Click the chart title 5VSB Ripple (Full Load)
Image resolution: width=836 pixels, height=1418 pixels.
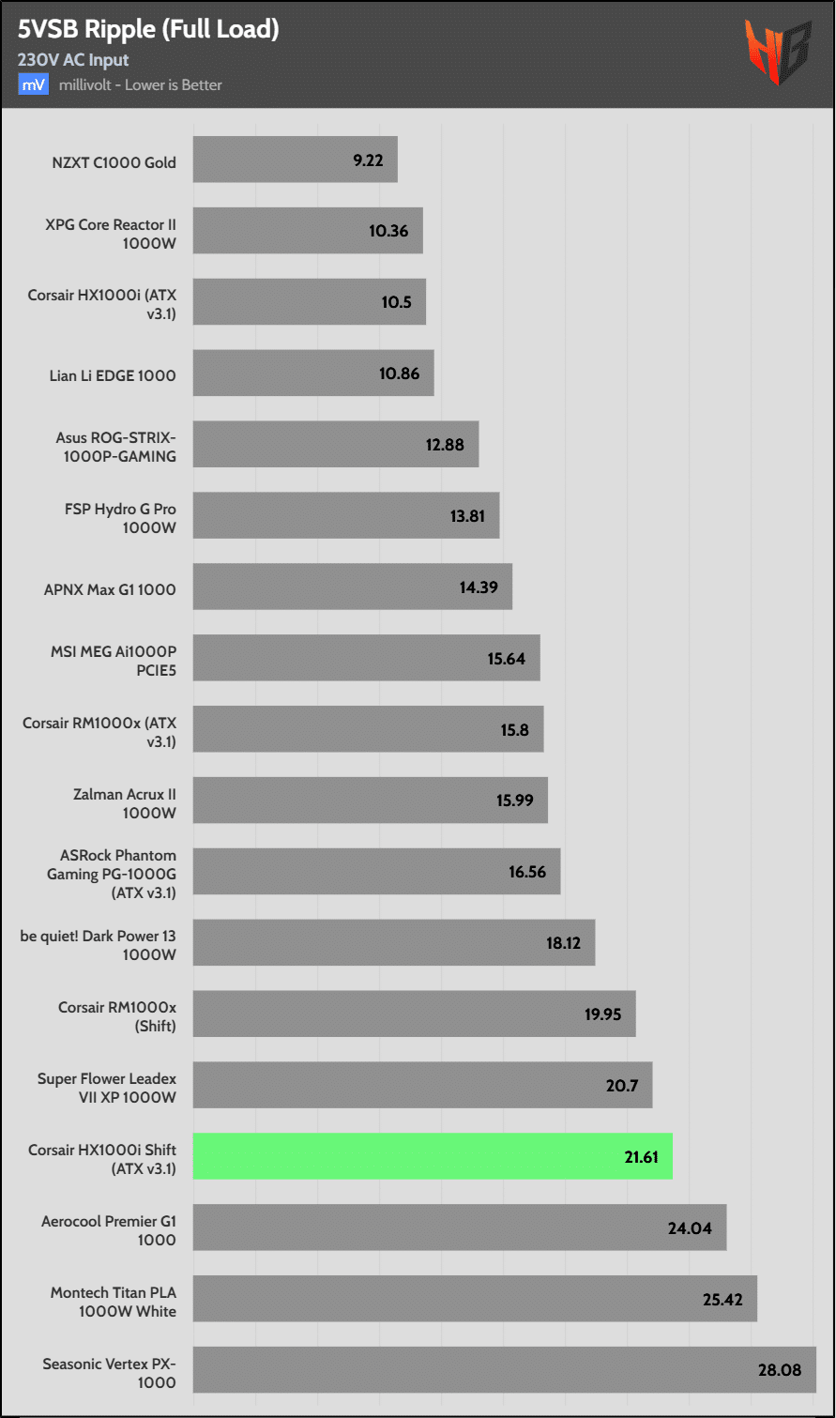[148, 29]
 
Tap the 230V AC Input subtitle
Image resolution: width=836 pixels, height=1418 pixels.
[73, 60]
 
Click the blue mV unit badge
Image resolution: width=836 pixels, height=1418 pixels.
[33, 84]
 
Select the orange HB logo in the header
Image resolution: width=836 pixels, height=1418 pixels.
[778, 52]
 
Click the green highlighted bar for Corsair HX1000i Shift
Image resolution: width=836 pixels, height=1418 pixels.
[433, 1156]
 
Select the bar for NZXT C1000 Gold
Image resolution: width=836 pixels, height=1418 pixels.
[295, 160]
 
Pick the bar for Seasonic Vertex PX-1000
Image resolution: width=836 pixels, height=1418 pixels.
[504, 1369]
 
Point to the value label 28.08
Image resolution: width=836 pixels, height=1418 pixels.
[780, 1370]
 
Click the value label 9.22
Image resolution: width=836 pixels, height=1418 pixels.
[368, 160]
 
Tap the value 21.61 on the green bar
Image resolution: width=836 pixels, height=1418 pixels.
[641, 1157]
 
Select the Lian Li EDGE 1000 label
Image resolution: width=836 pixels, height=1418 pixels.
[113, 375]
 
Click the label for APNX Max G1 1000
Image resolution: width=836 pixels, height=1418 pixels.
[110, 589]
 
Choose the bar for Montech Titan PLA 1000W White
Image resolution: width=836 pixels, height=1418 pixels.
[475, 1299]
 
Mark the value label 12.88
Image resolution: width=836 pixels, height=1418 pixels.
[445, 445]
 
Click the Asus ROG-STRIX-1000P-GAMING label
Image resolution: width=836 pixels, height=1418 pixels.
[115, 447]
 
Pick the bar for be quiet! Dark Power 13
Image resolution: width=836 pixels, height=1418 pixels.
[394, 942]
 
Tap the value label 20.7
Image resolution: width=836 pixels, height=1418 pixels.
[622, 1086]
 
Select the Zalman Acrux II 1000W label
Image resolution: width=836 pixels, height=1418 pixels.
[125, 803]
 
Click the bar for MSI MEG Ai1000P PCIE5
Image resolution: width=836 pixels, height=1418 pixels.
[366, 658]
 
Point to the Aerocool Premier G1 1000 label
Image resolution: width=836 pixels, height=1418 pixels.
[109, 1230]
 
